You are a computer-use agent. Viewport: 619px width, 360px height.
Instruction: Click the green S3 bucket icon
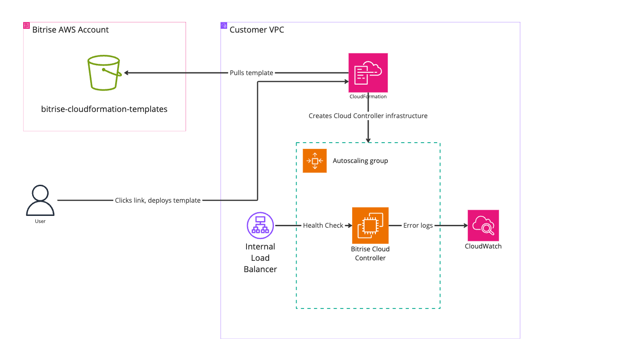[x=104, y=73]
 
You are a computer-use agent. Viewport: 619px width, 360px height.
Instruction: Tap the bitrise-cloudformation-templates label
[x=104, y=109]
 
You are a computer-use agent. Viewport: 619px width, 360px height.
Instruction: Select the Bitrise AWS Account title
[x=70, y=30]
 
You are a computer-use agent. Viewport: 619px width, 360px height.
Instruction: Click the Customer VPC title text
[x=257, y=30]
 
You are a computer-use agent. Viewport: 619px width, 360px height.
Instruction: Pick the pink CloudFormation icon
[x=368, y=72]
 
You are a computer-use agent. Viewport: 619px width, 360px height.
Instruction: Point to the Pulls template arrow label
[x=252, y=73]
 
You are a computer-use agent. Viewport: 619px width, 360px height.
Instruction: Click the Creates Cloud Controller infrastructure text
[x=368, y=116]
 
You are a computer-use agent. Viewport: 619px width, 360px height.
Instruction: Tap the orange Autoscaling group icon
[x=314, y=161]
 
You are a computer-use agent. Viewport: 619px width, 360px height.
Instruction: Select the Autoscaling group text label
[x=360, y=161]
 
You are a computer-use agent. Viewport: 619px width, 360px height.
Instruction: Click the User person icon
[x=40, y=200]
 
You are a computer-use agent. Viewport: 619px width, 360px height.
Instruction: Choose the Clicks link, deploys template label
[x=158, y=200]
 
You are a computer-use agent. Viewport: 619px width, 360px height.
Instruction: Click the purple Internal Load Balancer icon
[x=260, y=225]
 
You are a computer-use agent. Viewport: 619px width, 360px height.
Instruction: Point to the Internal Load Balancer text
[x=260, y=258]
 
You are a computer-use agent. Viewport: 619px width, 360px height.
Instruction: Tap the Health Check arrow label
[x=323, y=225]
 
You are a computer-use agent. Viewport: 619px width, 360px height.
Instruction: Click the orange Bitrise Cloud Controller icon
[x=370, y=225]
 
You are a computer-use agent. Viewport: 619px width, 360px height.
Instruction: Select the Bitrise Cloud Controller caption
[x=370, y=253]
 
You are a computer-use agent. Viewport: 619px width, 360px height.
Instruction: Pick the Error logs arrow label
[x=418, y=225]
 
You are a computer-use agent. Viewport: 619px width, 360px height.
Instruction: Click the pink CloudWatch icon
[x=483, y=225]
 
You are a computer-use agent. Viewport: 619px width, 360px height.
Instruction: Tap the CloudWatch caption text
[x=483, y=246]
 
